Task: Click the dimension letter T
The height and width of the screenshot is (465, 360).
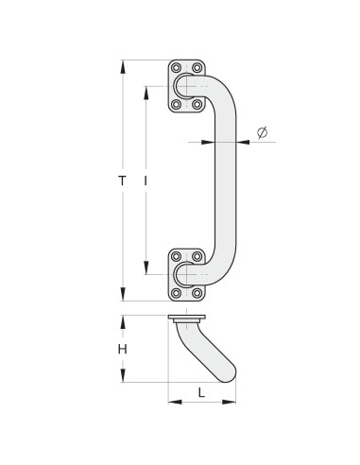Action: pyautogui.click(x=122, y=181)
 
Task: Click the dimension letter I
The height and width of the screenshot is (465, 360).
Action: pyautogui.click(x=146, y=181)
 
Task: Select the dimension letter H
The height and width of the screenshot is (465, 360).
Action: pyautogui.click(x=123, y=349)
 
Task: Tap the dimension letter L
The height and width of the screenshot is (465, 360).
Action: pyautogui.click(x=201, y=392)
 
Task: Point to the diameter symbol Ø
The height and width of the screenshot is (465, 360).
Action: pyautogui.click(x=262, y=132)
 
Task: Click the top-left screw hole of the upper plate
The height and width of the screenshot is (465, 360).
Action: pyautogui.click(x=177, y=68)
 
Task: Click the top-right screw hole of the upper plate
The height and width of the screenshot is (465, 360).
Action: pyautogui.click(x=197, y=68)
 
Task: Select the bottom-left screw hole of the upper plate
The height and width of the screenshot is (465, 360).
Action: pyautogui.click(x=177, y=104)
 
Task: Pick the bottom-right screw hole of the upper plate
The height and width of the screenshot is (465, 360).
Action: pyautogui.click(x=197, y=104)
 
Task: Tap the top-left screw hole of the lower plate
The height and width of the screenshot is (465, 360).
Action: pyautogui.click(x=177, y=256)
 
